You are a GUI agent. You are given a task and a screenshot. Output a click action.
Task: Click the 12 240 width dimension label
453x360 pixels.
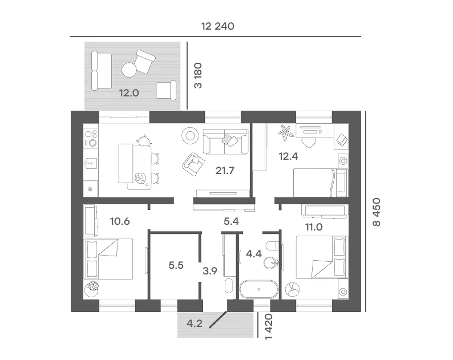pyautogui.click(x=217, y=26)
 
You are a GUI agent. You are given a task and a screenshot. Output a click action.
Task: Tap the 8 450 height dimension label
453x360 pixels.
pyautogui.click(x=377, y=212)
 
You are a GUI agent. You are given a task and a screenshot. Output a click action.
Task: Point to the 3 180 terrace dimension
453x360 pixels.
pyautogui.click(x=198, y=75)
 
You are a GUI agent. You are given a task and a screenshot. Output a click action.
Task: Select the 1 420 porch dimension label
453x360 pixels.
pyautogui.click(x=268, y=327)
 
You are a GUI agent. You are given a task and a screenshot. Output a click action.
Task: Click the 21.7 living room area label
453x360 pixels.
pyautogui.click(x=225, y=171)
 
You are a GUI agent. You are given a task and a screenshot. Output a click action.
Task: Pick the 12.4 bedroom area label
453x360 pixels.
pyautogui.click(x=288, y=156)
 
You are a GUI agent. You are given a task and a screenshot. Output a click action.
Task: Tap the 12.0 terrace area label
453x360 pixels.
pyautogui.click(x=129, y=93)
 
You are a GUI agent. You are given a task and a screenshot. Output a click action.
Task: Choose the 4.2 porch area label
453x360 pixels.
pyautogui.click(x=195, y=323)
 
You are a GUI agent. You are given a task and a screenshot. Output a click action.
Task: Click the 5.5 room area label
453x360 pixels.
pyautogui.click(x=176, y=265)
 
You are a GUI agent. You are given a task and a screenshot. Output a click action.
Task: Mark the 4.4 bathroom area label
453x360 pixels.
pyautogui.click(x=254, y=254)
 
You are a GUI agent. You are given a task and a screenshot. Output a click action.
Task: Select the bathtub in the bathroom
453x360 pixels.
pyautogui.click(x=258, y=289)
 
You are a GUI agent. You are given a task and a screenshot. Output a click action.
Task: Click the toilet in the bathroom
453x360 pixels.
pyautogui.click(x=273, y=246)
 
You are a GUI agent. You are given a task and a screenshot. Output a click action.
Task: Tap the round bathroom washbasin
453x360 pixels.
pyautogui.click(x=271, y=263)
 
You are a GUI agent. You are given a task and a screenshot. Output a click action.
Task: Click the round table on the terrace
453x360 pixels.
pyautogui.click(x=129, y=70)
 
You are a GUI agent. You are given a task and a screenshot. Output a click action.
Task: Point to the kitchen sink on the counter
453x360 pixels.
pyautogui.click(x=91, y=163)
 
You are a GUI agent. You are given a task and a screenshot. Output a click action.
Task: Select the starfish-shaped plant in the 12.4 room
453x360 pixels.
pyautogui.click(x=286, y=132)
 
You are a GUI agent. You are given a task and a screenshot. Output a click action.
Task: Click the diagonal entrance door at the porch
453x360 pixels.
pyautogui.click(x=219, y=319)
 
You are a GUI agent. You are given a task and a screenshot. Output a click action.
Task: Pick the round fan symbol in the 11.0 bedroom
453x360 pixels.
pyautogui.click(x=292, y=289)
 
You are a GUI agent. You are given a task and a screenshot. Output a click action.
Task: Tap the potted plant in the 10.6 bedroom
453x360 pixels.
pyautogui.click(x=92, y=288)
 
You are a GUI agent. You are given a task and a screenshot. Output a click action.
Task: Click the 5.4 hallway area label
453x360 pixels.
pyautogui.click(x=231, y=221)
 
